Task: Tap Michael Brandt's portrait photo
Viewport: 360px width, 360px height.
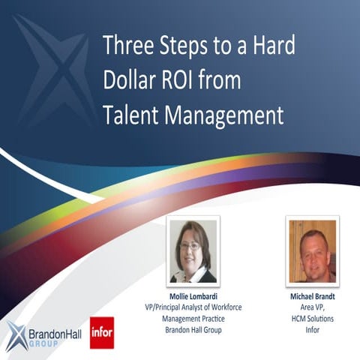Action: [312, 250]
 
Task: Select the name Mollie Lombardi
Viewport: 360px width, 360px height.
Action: [192, 296]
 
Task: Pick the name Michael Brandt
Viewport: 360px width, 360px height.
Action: [312, 296]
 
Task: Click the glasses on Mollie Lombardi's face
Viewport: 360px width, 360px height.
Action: [190, 244]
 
